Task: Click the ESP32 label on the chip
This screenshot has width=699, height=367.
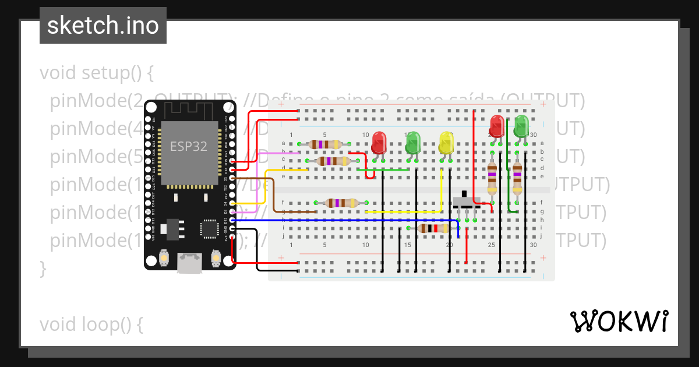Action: coord(188,146)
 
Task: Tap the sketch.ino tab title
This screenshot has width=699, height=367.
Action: coord(103,26)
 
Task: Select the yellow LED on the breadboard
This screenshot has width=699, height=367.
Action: coord(446,143)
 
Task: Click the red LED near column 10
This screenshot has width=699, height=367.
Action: coord(379,142)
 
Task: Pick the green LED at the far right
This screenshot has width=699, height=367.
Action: coord(521,126)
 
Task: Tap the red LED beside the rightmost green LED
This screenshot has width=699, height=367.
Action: coord(497,126)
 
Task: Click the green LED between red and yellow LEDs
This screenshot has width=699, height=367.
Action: coord(413,143)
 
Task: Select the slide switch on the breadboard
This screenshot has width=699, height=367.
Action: coord(467,201)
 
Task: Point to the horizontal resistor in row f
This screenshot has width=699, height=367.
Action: coord(341,203)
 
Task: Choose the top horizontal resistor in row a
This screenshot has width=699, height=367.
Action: coord(325,144)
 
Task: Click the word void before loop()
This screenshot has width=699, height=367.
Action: coord(60,324)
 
